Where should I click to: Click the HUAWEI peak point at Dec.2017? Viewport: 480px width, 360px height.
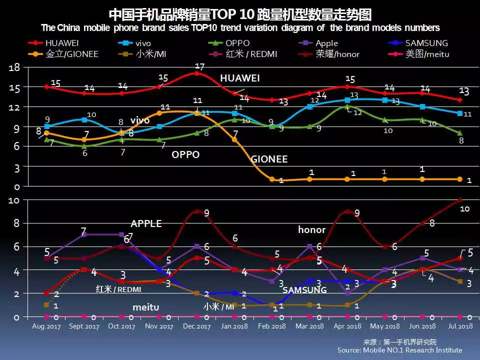click(197, 73)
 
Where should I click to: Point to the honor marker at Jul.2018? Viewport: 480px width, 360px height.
click(459, 200)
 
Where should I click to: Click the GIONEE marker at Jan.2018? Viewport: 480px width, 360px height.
click(234, 139)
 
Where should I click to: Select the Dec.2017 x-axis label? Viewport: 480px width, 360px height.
click(196, 326)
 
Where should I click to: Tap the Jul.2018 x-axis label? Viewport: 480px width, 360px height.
click(459, 326)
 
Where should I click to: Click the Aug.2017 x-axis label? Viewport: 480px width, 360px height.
click(46, 326)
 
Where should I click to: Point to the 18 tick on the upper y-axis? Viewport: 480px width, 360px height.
click(14, 68)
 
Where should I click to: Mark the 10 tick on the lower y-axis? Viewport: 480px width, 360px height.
click(14, 200)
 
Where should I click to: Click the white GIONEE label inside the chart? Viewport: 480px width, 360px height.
click(269, 159)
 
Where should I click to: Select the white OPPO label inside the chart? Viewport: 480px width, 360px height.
click(185, 154)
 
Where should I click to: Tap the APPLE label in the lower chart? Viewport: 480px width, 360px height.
click(146, 223)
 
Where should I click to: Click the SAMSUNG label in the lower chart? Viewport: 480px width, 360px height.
click(304, 290)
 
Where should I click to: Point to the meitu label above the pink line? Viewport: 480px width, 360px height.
click(145, 306)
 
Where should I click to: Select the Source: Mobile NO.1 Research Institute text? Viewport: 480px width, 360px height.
click(399, 350)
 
